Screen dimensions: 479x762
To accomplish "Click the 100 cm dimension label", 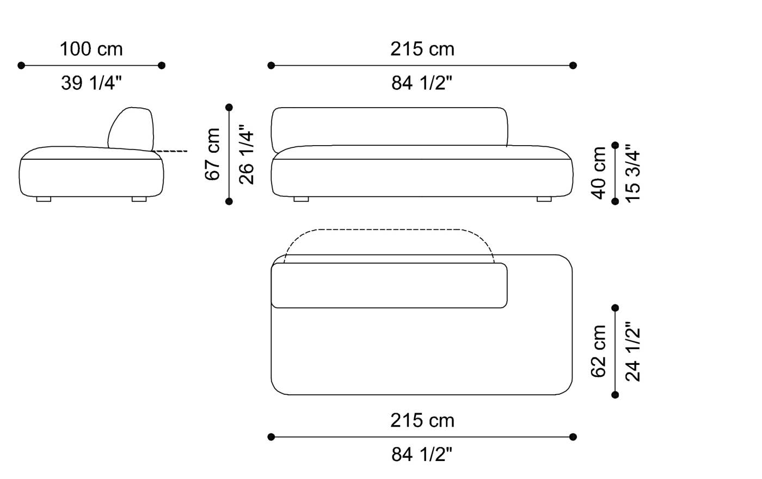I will tap(91, 49).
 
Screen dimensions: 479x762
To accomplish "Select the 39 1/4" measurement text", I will tap(91, 83).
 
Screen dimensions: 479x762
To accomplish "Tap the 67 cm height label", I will tap(213, 154).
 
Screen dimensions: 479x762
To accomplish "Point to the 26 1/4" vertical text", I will tap(246, 157).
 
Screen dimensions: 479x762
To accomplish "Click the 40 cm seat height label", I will tap(599, 172).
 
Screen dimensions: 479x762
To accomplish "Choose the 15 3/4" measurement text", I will tap(632, 173).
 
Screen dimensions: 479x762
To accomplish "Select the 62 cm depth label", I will tap(599, 351).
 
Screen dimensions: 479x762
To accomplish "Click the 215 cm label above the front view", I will tap(422, 49).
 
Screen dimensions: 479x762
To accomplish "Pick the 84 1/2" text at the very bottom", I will tap(422, 455).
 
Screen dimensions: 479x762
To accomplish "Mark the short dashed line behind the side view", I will tap(171, 151).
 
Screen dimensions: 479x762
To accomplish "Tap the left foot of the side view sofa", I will tap(44, 199).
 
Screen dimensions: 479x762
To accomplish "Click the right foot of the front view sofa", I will tap(544, 199).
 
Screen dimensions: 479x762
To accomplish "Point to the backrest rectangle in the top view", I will tap(389, 285).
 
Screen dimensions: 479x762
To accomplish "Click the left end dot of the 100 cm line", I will tap(21, 65).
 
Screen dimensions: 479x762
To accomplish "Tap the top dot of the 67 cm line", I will tap(229, 107).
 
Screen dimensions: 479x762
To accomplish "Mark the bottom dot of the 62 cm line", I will tap(616, 395).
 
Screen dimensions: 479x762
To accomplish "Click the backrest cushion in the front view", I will tap(389, 126).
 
